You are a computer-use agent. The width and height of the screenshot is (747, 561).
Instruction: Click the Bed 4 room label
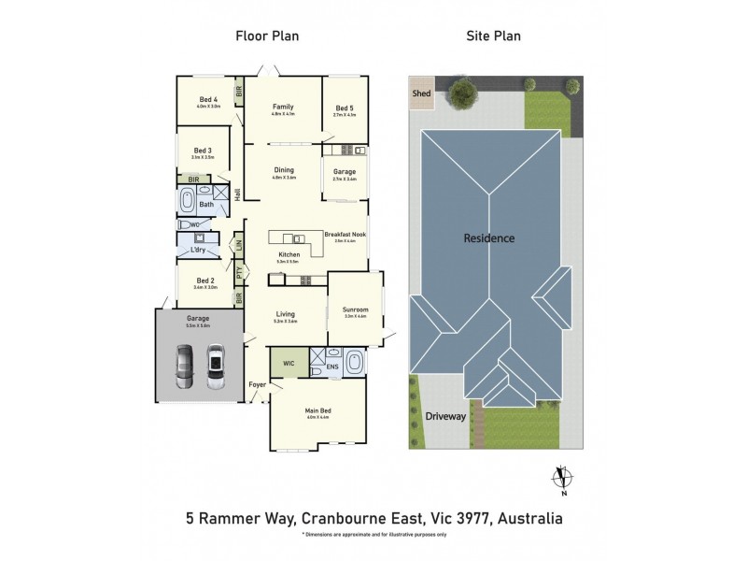tap(208, 100)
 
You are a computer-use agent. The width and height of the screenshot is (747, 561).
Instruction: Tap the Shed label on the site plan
tap(421, 93)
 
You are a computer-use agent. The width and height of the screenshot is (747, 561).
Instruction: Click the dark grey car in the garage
tap(184, 367)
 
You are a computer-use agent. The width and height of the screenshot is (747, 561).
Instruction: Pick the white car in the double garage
tap(216, 367)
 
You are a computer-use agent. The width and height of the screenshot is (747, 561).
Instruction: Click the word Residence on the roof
tap(489, 238)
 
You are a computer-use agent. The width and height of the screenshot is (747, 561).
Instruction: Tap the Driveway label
tap(444, 416)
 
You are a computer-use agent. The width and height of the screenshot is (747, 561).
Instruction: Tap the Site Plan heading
tap(494, 36)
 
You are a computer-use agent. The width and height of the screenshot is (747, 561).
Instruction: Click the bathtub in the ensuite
tap(353, 361)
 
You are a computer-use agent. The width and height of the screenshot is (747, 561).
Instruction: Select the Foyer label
tap(257, 385)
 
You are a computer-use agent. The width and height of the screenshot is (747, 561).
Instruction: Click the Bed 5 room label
tap(345, 108)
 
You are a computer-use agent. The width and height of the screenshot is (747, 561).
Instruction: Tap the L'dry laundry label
tap(198, 250)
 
